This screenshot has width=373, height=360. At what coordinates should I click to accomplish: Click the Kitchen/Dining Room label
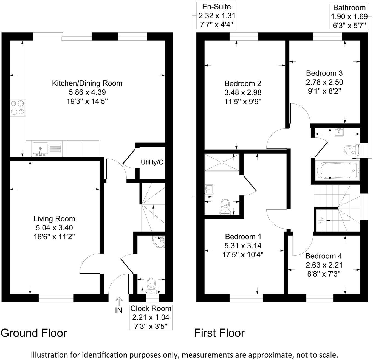(87, 83)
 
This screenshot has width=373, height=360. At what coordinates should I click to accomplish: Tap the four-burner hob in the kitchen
(17, 108)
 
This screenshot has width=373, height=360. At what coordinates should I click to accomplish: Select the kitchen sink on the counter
(40, 149)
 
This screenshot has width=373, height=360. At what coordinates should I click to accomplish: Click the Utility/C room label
(152, 162)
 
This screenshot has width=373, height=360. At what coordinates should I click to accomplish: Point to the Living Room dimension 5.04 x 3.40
(54, 227)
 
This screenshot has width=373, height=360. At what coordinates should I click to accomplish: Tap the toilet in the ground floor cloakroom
(151, 285)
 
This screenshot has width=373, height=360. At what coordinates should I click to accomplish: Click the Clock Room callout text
(151, 308)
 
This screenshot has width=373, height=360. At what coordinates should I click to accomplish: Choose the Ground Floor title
(34, 333)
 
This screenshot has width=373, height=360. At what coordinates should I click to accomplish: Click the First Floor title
(219, 333)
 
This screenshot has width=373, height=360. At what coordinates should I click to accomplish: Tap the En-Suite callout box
(217, 15)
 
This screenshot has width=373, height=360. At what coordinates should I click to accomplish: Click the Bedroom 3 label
(324, 73)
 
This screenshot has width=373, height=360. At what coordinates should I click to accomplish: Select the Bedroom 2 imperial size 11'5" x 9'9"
(243, 102)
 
